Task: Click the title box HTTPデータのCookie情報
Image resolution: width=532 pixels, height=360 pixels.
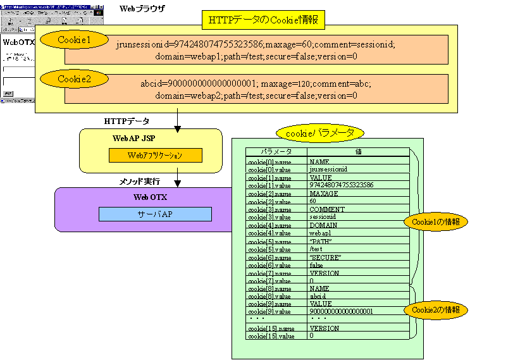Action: (263, 20)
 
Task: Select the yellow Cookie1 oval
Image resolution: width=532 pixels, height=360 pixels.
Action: (74, 40)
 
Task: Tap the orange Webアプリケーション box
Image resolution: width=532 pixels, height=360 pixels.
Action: (155, 155)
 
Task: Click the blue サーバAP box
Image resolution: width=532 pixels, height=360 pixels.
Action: (155, 214)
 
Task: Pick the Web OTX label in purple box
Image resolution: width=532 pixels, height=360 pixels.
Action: (150, 197)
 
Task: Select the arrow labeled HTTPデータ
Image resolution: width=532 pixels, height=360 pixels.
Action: (178, 121)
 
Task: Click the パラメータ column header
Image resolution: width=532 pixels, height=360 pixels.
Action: (276, 152)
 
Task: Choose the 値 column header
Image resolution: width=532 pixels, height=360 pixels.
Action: (358, 152)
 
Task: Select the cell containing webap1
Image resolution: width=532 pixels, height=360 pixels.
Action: (321, 233)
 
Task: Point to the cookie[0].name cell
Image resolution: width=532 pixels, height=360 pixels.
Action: (269, 162)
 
